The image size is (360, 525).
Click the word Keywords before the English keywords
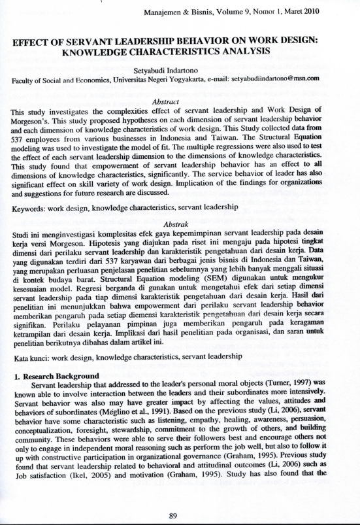[30, 207]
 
